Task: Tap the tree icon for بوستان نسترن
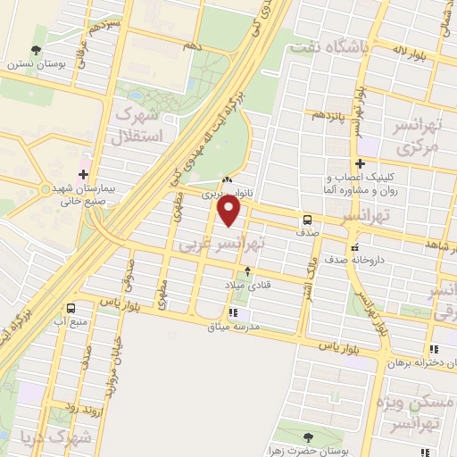point(36,50)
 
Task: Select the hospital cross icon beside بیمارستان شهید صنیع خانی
point(83,174)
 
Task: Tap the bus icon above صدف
point(307,218)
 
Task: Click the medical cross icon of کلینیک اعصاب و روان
point(360,163)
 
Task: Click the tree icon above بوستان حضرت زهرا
point(309,437)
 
